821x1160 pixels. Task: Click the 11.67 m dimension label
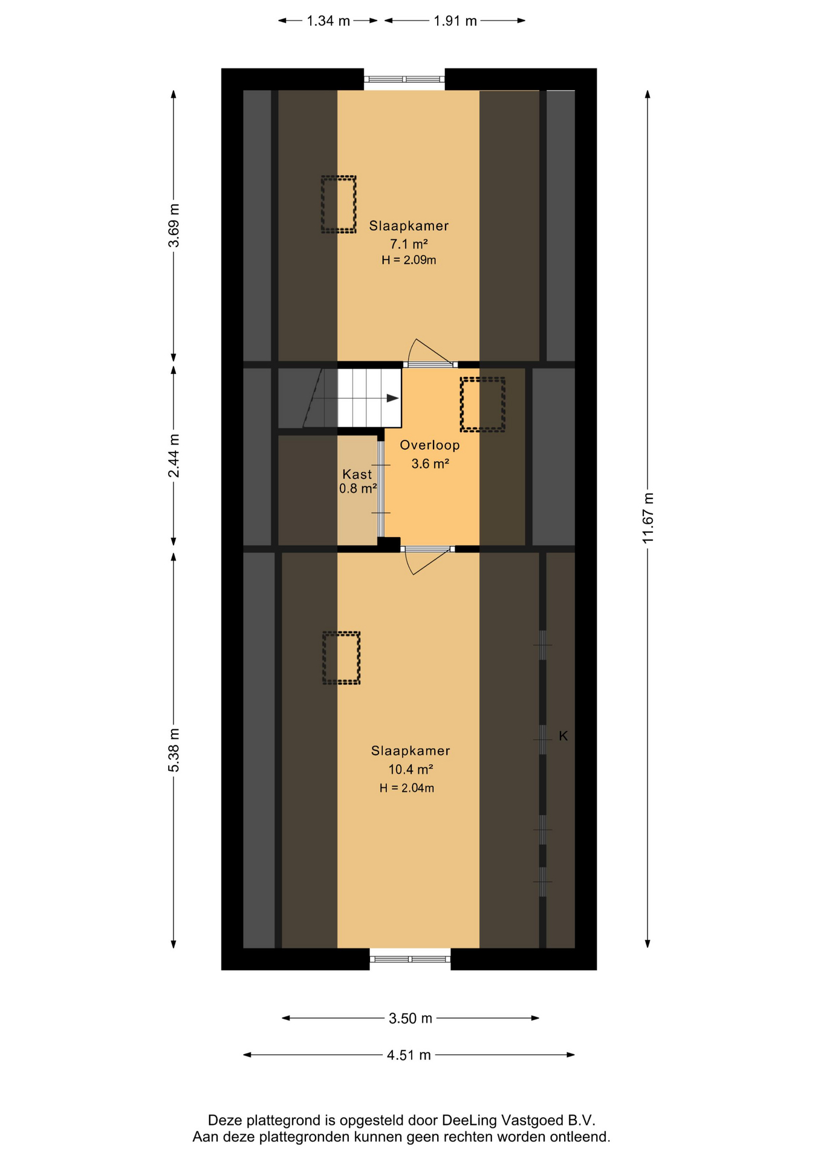pyautogui.click(x=647, y=518)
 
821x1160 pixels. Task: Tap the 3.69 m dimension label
pyautogui.click(x=174, y=225)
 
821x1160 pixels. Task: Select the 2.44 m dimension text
pyautogui.click(x=174, y=456)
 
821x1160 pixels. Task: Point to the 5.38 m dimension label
pyautogui.click(x=174, y=750)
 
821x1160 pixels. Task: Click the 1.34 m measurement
pyautogui.click(x=328, y=21)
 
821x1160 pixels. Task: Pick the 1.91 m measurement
pyautogui.click(x=455, y=21)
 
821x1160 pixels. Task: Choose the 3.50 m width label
pyautogui.click(x=410, y=1019)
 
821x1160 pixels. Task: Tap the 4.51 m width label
pyautogui.click(x=409, y=1055)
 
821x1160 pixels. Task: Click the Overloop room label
pyautogui.click(x=430, y=445)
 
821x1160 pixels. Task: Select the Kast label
pyautogui.click(x=357, y=474)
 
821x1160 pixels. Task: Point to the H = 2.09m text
pyautogui.click(x=409, y=260)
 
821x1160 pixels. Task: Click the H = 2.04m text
pyautogui.click(x=407, y=788)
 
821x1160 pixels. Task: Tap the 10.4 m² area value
pyautogui.click(x=410, y=769)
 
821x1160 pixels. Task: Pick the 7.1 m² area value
pyautogui.click(x=409, y=244)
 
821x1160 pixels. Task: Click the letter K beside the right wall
pyautogui.click(x=563, y=736)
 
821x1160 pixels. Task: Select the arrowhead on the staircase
pyautogui.click(x=393, y=398)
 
